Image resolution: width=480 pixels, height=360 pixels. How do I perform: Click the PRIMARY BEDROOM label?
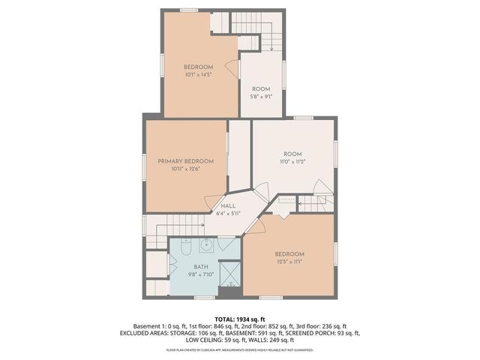(x=185, y=161)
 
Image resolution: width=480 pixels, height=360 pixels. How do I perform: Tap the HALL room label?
(x=228, y=205)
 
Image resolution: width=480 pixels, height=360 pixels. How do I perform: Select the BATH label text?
(x=201, y=266)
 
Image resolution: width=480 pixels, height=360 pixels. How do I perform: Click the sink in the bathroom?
(x=207, y=245)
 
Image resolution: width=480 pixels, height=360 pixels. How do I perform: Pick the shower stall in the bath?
(x=230, y=272)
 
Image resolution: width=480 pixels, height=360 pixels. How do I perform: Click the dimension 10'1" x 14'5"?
(x=199, y=75)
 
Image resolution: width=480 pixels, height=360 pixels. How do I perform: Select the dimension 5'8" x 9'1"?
(x=261, y=96)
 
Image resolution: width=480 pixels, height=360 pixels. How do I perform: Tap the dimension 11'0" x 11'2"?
(x=292, y=162)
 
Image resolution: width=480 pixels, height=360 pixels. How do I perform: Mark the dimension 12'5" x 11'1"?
(x=289, y=262)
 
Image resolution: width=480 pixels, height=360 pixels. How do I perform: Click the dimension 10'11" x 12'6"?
(x=185, y=169)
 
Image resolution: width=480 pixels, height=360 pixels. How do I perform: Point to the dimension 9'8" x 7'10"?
(x=201, y=274)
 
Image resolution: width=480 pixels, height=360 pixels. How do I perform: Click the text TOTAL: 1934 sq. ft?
(x=240, y=319)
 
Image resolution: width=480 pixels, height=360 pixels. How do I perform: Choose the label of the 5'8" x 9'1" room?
(x=261, y=88)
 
